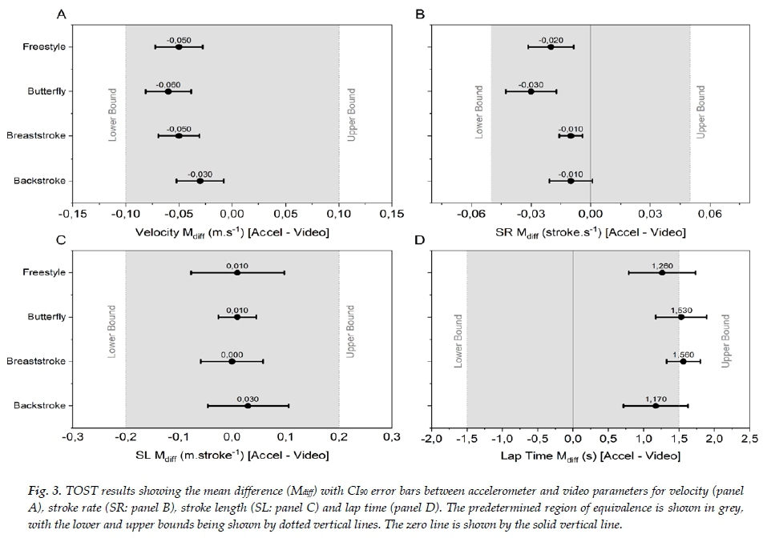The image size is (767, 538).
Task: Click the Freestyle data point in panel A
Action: tap(179, 46)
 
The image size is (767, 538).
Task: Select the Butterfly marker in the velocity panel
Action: tap(168, 91)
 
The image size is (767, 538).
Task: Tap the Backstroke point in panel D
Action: tap(656, 406)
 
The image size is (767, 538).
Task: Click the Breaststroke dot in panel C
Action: tap(232, 361)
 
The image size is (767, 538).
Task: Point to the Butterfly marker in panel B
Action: tap(531, 91)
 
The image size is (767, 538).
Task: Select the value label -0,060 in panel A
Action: tap(168, 84)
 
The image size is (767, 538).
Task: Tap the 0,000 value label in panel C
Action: tap(232, 354)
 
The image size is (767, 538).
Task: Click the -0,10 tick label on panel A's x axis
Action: tap(125, 214)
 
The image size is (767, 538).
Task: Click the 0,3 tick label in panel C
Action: tap(391, 439)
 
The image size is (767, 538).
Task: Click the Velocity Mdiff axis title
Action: tap(232, 231)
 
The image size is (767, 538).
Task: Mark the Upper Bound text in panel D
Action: tap(726, 340)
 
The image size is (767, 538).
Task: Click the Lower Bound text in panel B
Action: tap(479, 112)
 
